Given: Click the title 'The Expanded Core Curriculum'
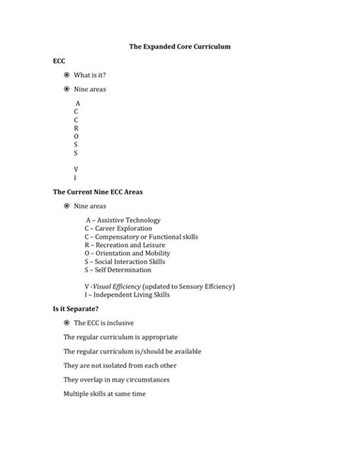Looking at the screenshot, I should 180,47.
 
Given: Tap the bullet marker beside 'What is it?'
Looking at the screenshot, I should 68,74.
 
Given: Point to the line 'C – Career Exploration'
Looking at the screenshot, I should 118,228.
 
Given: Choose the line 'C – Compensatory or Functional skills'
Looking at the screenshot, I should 141,236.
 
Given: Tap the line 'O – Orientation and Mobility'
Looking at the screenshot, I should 128,253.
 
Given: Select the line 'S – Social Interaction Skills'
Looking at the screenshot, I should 125,262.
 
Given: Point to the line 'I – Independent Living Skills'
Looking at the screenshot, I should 127,295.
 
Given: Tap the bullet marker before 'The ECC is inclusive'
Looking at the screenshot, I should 68,323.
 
